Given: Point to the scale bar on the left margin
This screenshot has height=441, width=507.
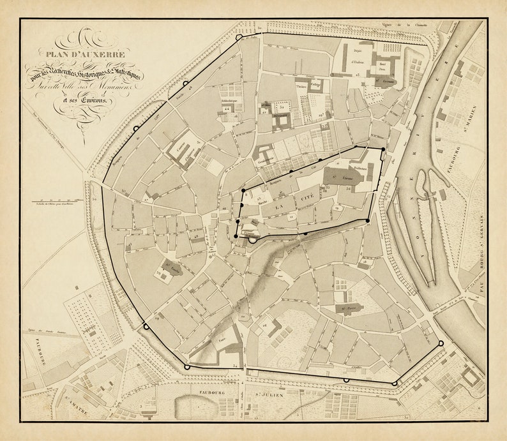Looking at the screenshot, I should pos(57,204).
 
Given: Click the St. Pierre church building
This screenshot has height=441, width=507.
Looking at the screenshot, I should pos(349,308).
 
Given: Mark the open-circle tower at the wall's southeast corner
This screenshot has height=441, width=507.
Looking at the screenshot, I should pos(441,343).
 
